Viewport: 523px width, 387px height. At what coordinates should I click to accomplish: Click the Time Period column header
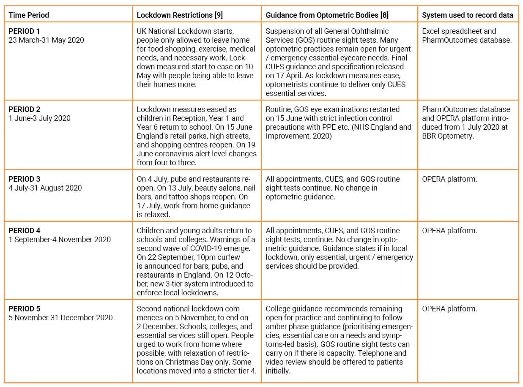pyautogui.click(x=29, y=15)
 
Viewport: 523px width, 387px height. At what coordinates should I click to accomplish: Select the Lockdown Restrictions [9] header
pyautogui.click(x=180, y=15)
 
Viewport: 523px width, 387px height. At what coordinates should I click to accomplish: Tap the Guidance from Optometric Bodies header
pyautogui.click(x=327, y=15)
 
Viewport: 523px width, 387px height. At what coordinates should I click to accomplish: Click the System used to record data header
pyautogui.click(x=468, y=15)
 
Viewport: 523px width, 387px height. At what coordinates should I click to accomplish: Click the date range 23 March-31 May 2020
pyautogui.click(x=47, y=40)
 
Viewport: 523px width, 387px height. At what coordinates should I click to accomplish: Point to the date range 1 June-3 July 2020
pyautogui.click(x=40, y=118)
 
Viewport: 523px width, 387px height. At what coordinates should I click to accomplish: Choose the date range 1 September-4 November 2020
pyautogui.click(x=60, y=240)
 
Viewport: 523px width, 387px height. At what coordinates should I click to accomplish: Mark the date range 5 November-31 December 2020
pyautogui.click(x=61, y=318)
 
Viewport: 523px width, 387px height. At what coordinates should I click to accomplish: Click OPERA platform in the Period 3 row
pyautogui.click(x=449, y=179)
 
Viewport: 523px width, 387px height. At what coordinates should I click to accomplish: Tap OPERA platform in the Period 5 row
pyautogui.click(x=449, y=309)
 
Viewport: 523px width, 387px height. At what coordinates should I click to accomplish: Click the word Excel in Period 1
pyautogui.click(x=431, y=31)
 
